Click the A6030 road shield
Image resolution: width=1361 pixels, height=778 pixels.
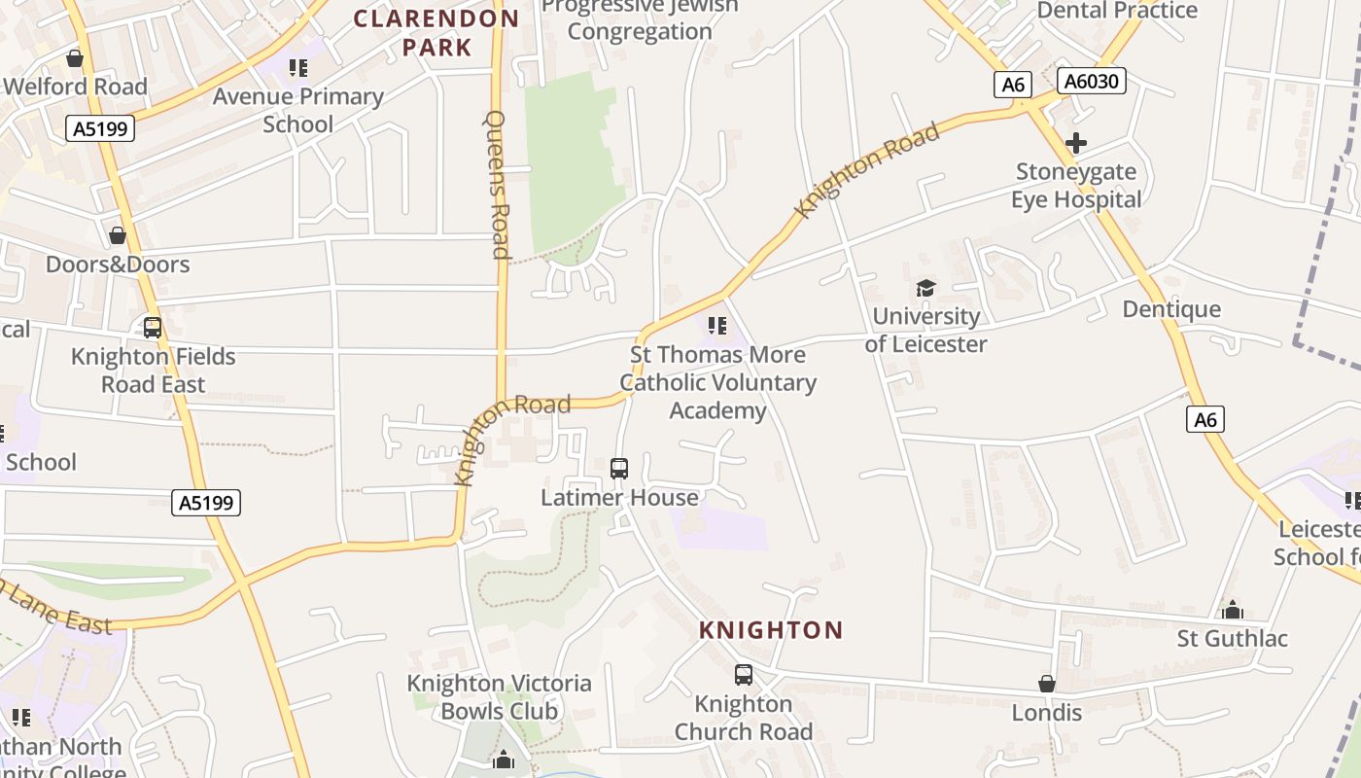[1091, 82]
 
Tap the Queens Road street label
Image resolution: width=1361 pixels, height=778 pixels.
[497, 185]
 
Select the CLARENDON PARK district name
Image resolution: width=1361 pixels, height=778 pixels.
[436, 32]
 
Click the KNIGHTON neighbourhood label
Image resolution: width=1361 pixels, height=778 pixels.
[771, 630]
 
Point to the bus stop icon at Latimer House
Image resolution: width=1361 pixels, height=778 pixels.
[619, 469]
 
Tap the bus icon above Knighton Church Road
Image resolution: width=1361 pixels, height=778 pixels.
[744, 674]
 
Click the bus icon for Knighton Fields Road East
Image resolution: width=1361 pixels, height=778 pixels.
[153, 328]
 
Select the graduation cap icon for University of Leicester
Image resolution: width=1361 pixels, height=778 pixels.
[925, 288]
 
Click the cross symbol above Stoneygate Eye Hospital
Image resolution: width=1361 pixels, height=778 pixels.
[1075, 144]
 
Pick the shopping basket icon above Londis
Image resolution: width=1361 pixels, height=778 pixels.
[1047, 684]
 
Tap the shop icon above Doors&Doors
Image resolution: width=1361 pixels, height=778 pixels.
[118, 235]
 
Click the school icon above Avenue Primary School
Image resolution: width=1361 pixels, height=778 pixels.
[297, 68]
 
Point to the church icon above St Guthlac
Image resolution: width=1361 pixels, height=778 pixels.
[1233, 610]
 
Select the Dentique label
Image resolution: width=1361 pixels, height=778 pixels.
[1171, 309]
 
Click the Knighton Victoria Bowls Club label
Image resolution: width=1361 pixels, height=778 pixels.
[500, 697]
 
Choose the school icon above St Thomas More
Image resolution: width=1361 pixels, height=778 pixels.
[717, 326]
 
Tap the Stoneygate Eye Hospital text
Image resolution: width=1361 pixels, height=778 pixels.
[1076, 186]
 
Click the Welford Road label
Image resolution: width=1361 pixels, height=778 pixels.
[76, 87]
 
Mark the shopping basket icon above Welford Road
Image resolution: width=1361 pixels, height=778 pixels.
[75, 58]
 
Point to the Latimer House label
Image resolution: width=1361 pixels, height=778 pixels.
[619, 498]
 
